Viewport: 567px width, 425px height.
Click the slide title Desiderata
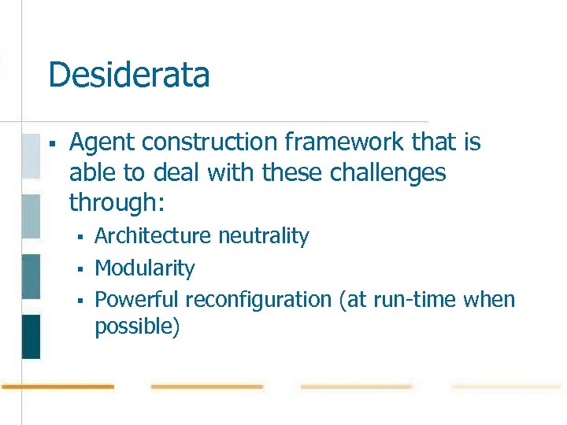(128, 76)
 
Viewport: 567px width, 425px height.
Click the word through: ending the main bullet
(117, 202)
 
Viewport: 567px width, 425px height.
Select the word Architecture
(153, 236)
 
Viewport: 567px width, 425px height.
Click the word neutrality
(263, 236)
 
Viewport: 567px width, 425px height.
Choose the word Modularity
(144, 268)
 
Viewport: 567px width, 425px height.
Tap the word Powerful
(136, 300)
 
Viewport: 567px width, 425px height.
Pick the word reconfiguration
(258, 300)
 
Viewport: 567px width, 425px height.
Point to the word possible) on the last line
(137, 327)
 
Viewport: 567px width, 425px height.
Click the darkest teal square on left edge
(31, 336)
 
